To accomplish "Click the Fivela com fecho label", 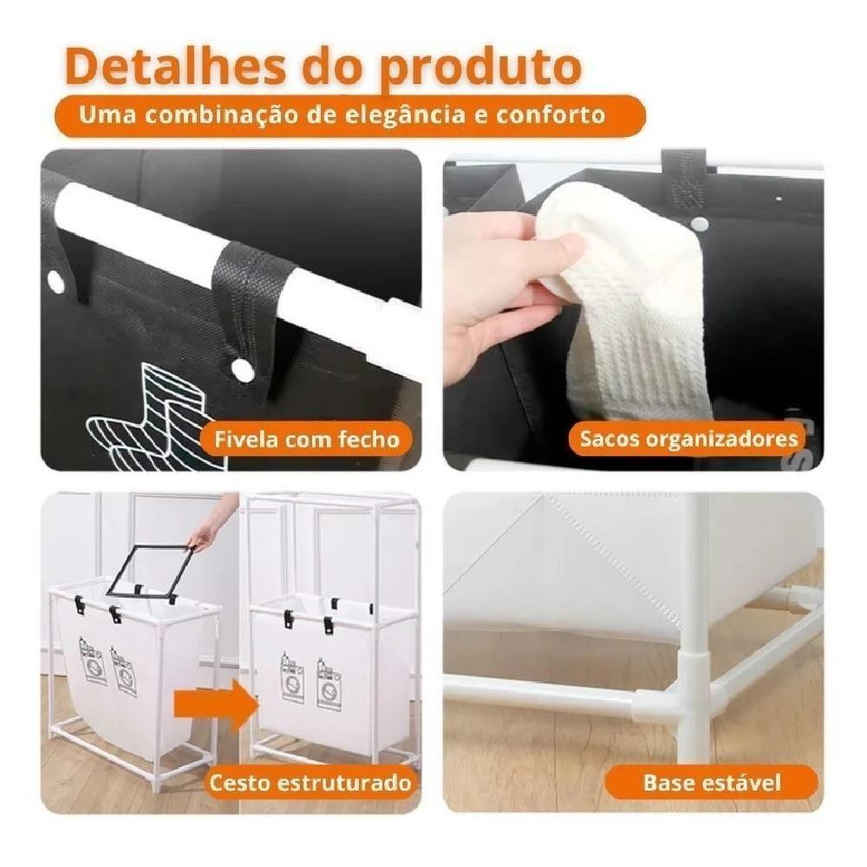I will point(301,439).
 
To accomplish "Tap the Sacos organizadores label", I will point(688,439).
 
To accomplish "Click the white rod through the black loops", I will point(217,251).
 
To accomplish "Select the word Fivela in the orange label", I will point(239,439).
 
